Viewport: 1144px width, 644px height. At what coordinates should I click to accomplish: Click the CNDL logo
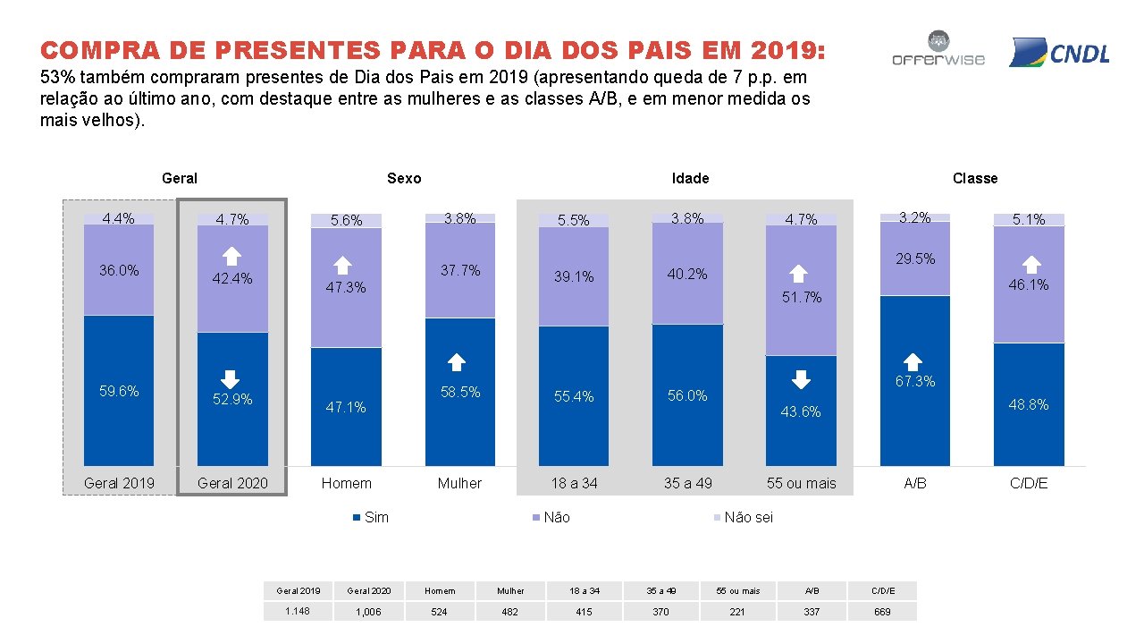[1059, 53]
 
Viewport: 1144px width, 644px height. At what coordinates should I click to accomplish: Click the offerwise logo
[938, 49]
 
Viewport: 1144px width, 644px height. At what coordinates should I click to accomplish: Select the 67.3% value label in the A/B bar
[915, 381]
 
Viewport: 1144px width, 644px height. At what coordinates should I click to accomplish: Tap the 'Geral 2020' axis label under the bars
[232, 483]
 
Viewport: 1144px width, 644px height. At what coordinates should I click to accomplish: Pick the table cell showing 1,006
[369, 612]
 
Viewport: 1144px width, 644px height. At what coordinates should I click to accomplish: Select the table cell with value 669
[882, 612]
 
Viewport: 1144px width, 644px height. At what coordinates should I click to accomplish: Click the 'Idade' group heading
[690, 178]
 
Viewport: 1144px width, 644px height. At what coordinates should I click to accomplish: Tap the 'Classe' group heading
[974, 178]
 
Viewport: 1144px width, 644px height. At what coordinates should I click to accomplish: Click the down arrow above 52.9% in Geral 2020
[231, 379]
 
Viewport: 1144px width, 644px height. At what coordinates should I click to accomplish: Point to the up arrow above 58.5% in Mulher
[457, 362]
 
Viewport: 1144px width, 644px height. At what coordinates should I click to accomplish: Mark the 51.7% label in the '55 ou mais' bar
[801, 297]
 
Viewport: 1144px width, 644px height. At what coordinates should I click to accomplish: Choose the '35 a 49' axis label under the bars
[687, 483]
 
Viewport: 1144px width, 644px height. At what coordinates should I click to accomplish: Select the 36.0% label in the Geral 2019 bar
[119, 270]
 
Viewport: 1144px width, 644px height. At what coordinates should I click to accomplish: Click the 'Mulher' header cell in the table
[510, 590]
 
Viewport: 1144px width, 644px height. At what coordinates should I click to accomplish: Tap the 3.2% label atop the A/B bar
[915, 217]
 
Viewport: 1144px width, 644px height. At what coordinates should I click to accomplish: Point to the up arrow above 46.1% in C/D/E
[1030, 264]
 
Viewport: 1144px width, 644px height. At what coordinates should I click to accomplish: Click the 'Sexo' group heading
[404, 178]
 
